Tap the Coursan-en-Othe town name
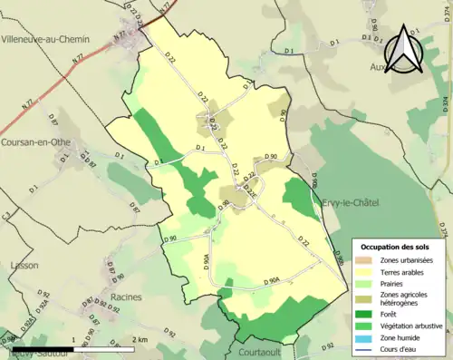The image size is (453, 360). point(43,141)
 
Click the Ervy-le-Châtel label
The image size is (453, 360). point(352,203)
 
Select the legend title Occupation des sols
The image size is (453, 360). point(396,246)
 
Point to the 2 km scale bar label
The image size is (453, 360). point(139,340)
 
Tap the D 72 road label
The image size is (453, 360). point(304,244)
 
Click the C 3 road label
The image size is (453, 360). point(6,215)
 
